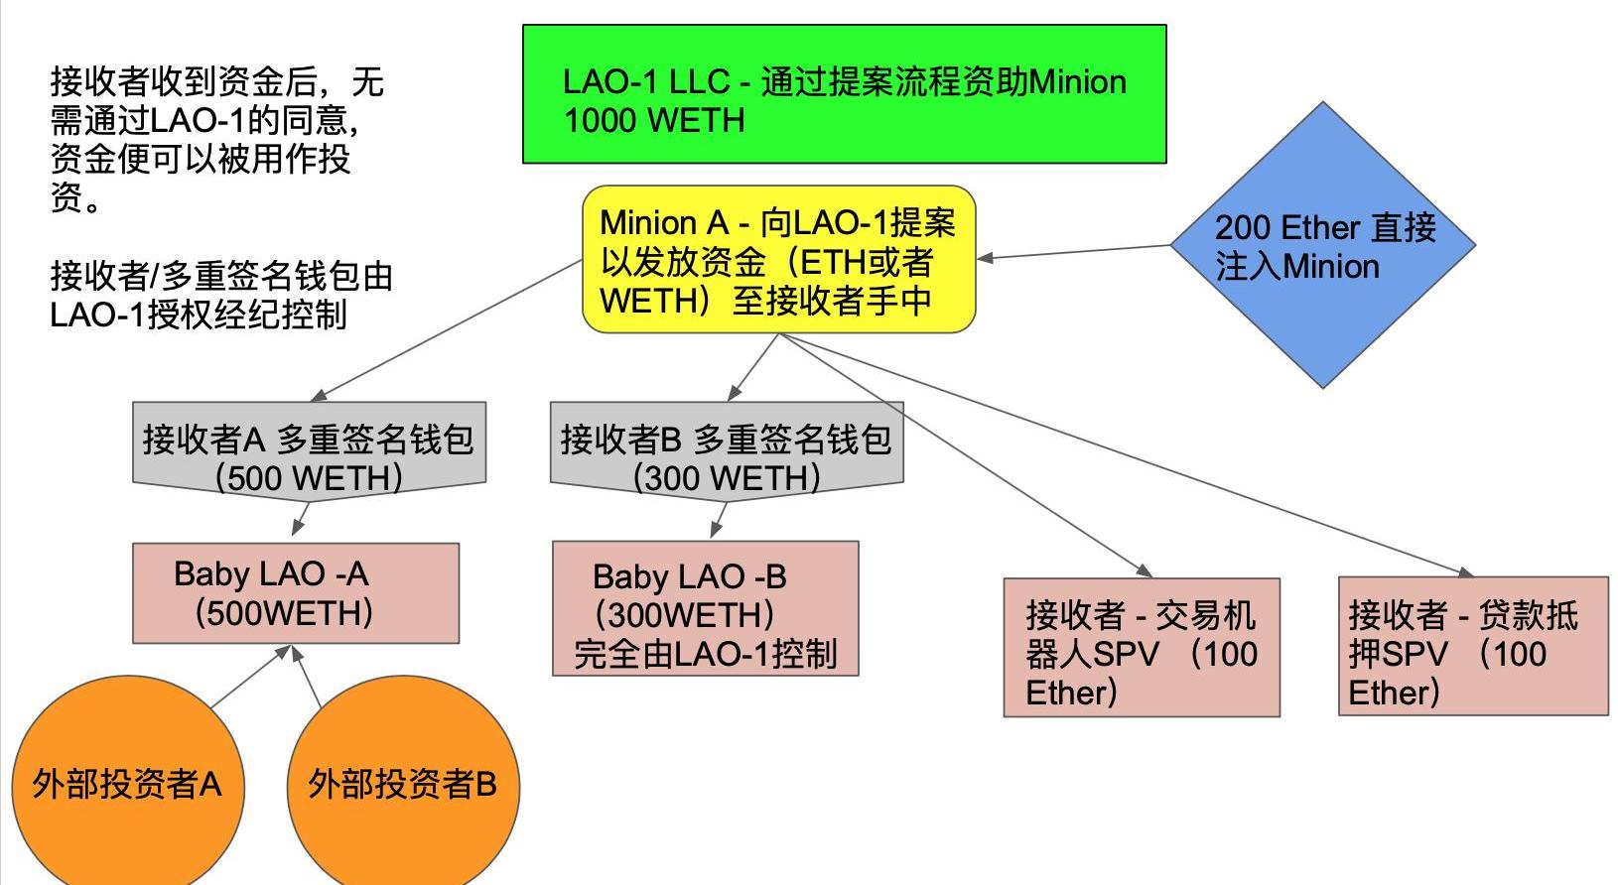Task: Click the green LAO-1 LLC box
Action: pyautogui.click(x=844, y=94)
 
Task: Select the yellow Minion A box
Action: pyautogui.click(x=778, y=259)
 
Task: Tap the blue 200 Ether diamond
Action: pyautogui.click(x=1323, y=245)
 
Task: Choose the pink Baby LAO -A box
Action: pyautogui.click(x=296, y=593)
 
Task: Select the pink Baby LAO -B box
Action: pyautogui.click(x=705, y=608)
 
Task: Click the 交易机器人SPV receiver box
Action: pyautogui.click(x=1142, y=647)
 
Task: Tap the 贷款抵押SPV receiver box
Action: pyautogui.click(x=1473, y=646)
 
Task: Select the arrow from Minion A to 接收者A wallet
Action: pyautogui.click(x=447, y=330)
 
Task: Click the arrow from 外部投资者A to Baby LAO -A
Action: pyautogui.click(x=250, y=677)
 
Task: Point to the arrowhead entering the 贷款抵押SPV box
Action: pyautogui.click(x=1465, y=572)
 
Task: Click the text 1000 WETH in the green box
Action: pyautogui.click(x=654, y=121)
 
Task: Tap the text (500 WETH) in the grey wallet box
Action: pyautogui.click(x=309, y=479)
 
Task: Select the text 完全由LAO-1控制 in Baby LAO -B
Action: pyautogui.click(x=705, y=654)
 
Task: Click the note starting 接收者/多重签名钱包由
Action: pyautogui.click(x=220, y=295)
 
